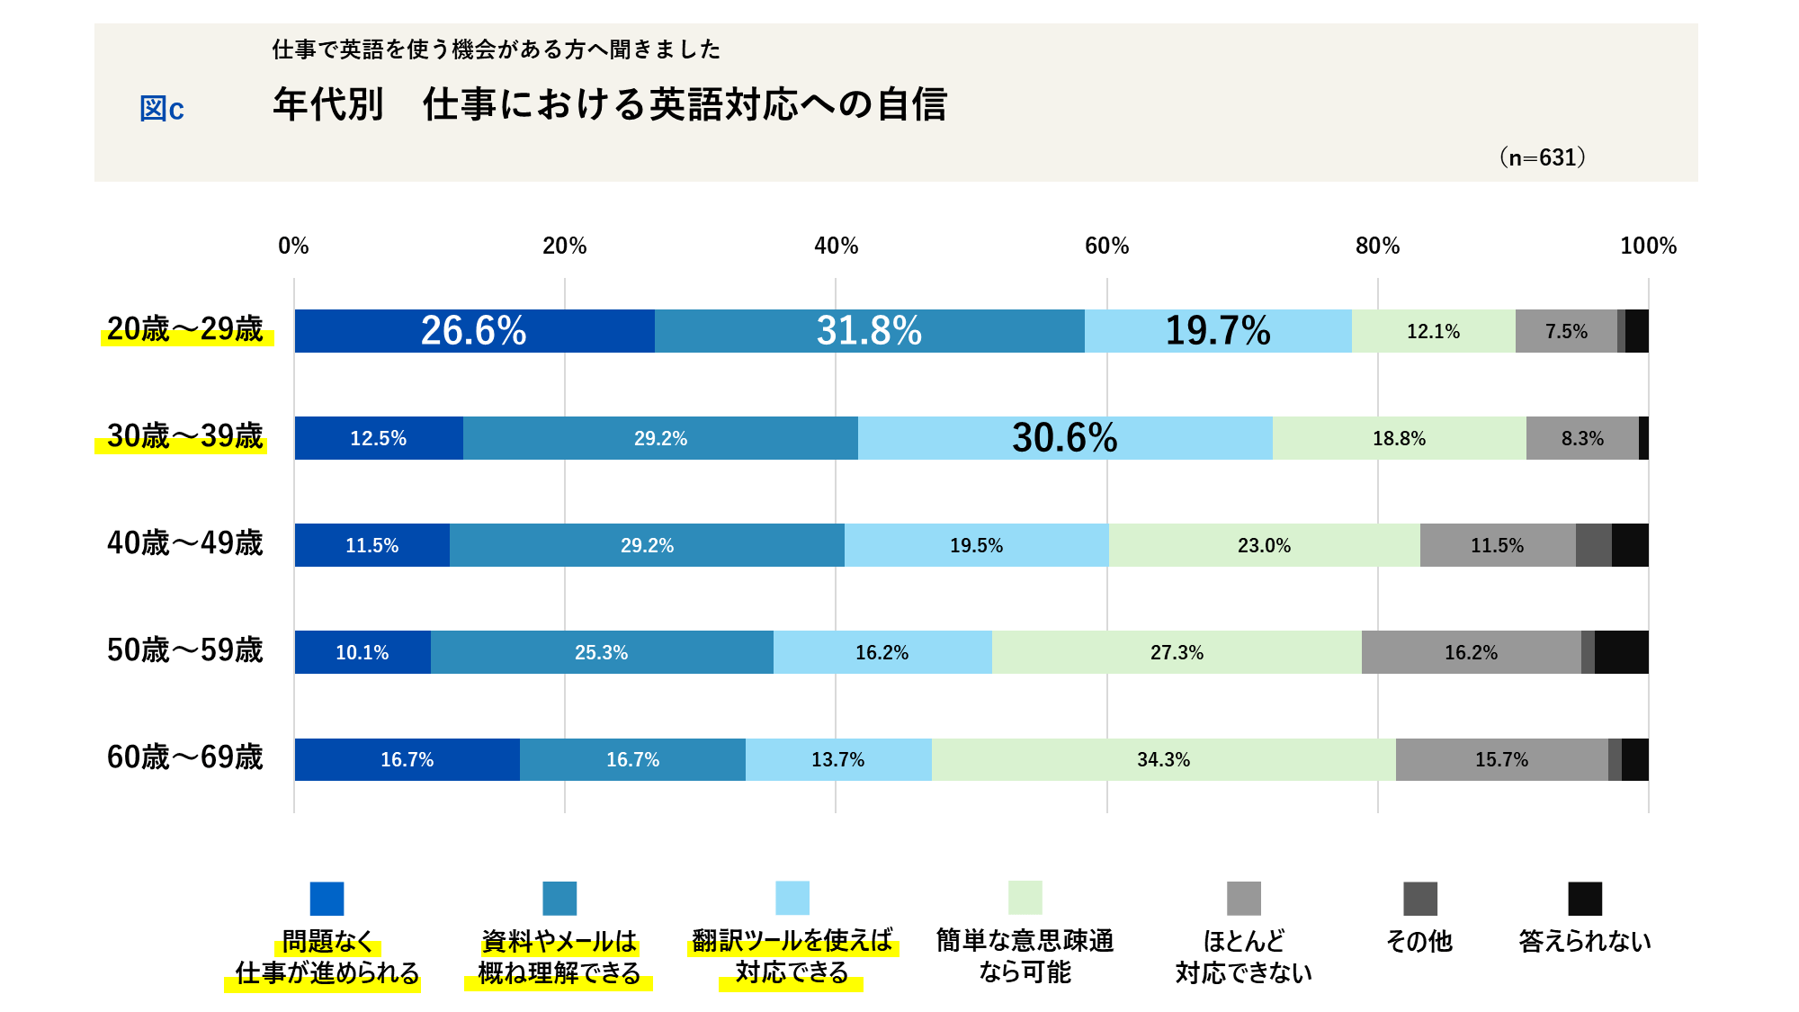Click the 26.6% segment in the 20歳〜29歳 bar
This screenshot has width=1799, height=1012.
point(474,331)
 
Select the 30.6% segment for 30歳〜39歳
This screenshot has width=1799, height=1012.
point(1065,438)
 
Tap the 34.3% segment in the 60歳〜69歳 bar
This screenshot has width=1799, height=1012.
point(1163,759)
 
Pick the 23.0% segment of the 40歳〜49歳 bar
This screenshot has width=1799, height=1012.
point(1264,545)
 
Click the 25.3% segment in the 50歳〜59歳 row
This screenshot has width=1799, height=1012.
point(601,652)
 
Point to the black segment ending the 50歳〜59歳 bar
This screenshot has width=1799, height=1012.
point(1621,652)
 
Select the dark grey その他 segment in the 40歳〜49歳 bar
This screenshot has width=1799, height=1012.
point(1593,545)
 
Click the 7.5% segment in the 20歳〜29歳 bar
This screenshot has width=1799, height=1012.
point(1566,331)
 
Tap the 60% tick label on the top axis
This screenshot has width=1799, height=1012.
point(1106,246)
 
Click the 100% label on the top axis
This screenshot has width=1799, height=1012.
point(1648,246)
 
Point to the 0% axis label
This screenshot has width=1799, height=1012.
point(293,246)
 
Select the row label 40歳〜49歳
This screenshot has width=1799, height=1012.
point(184,543)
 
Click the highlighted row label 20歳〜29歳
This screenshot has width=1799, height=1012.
point(184,329)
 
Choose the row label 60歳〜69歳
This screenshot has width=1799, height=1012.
point(184,757)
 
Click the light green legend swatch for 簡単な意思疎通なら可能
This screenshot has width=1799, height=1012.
point(1025,898)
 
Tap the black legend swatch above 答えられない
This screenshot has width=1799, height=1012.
point(1584,898)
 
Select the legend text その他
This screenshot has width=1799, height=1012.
point(1419,941)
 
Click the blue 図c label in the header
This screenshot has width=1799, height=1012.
point(162,109)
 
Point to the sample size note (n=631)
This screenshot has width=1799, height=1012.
point(1542,157)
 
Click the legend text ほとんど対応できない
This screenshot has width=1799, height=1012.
point(1243,956)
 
